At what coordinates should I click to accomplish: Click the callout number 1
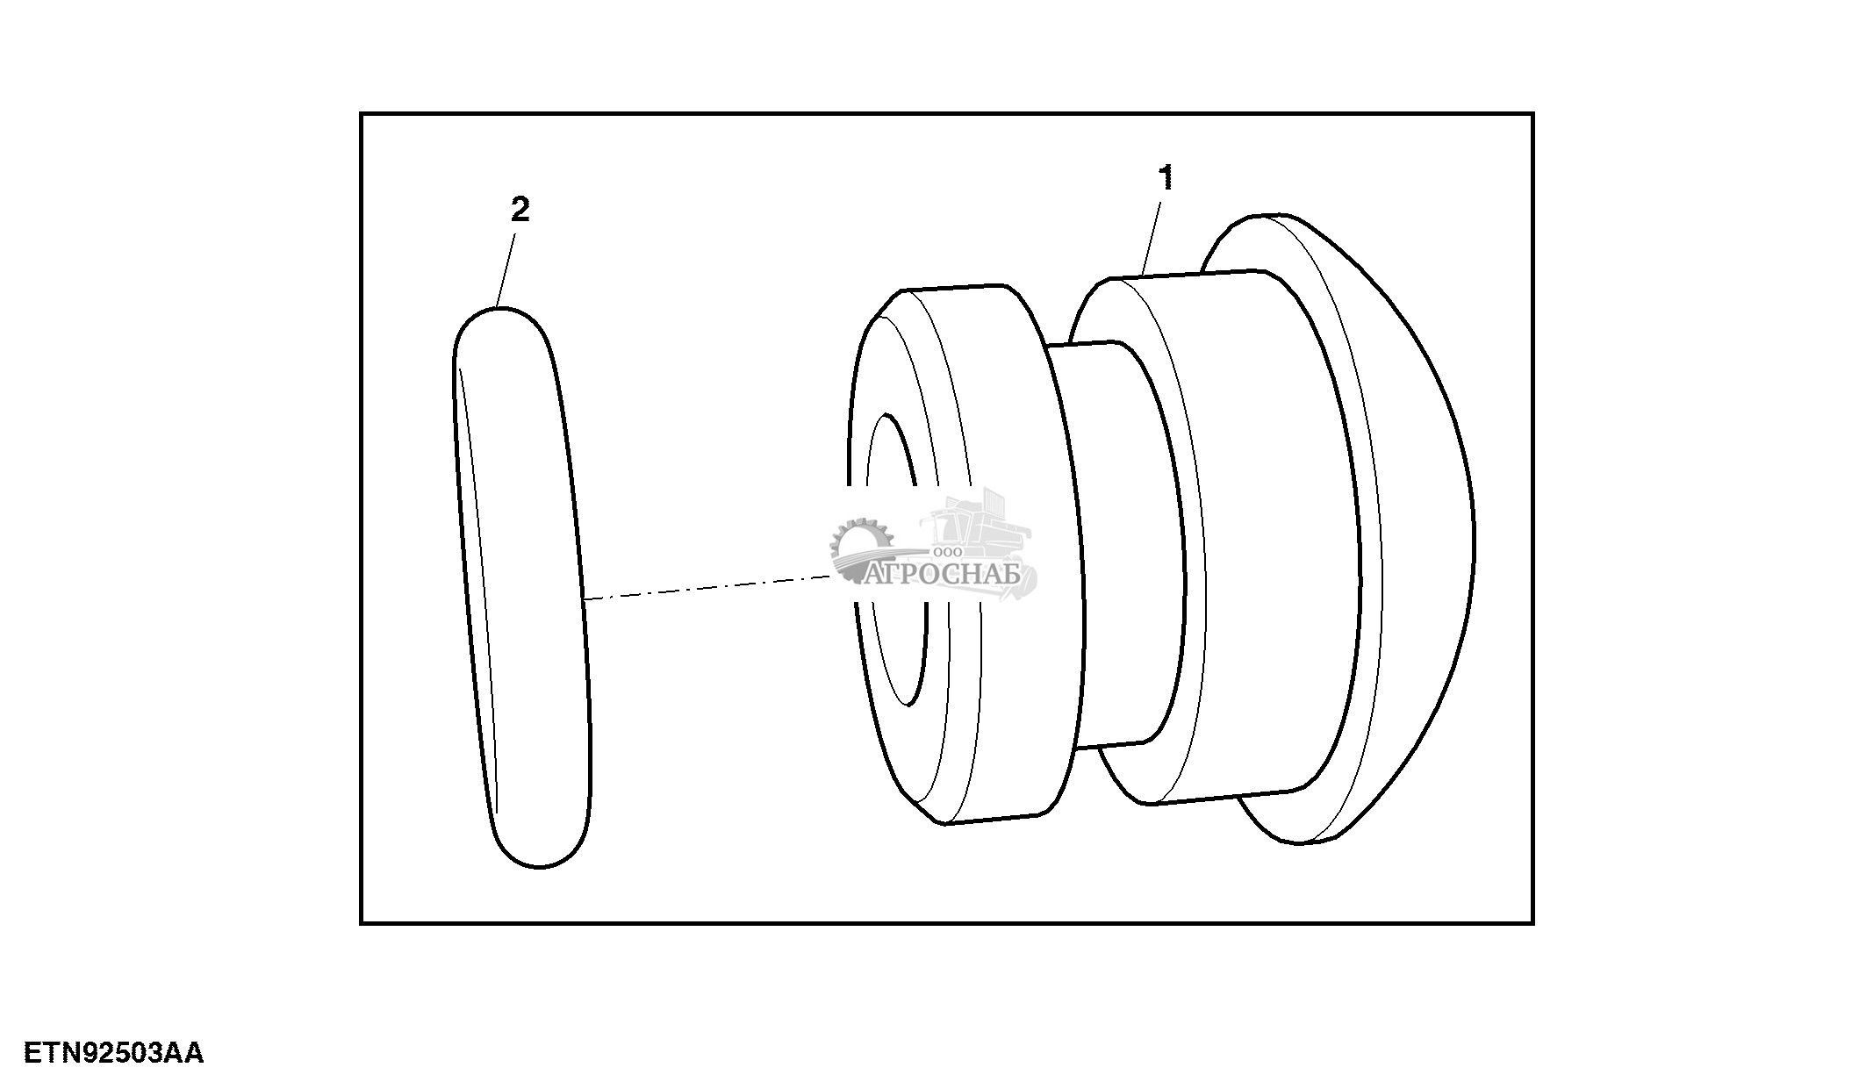click(1166, 179)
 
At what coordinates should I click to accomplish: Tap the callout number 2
click(520, 211)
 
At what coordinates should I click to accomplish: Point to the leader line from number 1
click(1152, 236)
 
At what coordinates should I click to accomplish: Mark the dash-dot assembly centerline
click(702, 588)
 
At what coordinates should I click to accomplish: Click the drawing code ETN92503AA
click(113, 1053)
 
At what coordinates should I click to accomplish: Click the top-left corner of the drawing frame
click(362, 114)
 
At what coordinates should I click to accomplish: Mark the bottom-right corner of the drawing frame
click(1532, 922)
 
